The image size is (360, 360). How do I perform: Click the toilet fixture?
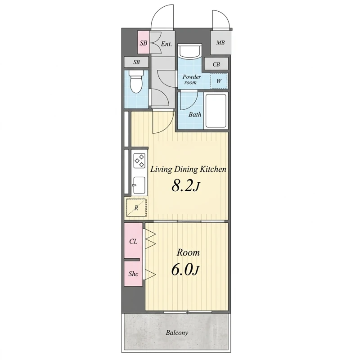pos(136,81)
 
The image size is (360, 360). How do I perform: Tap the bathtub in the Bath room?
pos(216,111)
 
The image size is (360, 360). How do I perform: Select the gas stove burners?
pos(139,161)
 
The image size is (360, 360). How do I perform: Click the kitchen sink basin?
pos(139,185)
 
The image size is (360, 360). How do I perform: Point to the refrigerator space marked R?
pos(136,207)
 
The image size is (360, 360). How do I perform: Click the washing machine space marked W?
pos(219,81)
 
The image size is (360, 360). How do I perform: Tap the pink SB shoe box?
pos(144,42)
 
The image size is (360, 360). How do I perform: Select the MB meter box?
pos(220,42)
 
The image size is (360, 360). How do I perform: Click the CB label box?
pos(216,64)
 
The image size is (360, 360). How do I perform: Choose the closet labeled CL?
pos(133,241)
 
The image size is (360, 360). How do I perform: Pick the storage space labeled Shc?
pos(133,274)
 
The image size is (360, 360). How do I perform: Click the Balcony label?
pos(177,333)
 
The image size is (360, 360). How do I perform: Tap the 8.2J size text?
pos(185,186)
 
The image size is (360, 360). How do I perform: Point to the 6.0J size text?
pos(185,270)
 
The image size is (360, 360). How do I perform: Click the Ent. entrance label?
pos(166,44)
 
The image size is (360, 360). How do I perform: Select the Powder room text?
pos(192,80)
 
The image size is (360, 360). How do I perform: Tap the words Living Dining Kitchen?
pos(188,170)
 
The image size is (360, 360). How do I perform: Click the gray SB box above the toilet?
pos(136,62)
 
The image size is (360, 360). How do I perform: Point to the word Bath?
pos(195,114)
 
